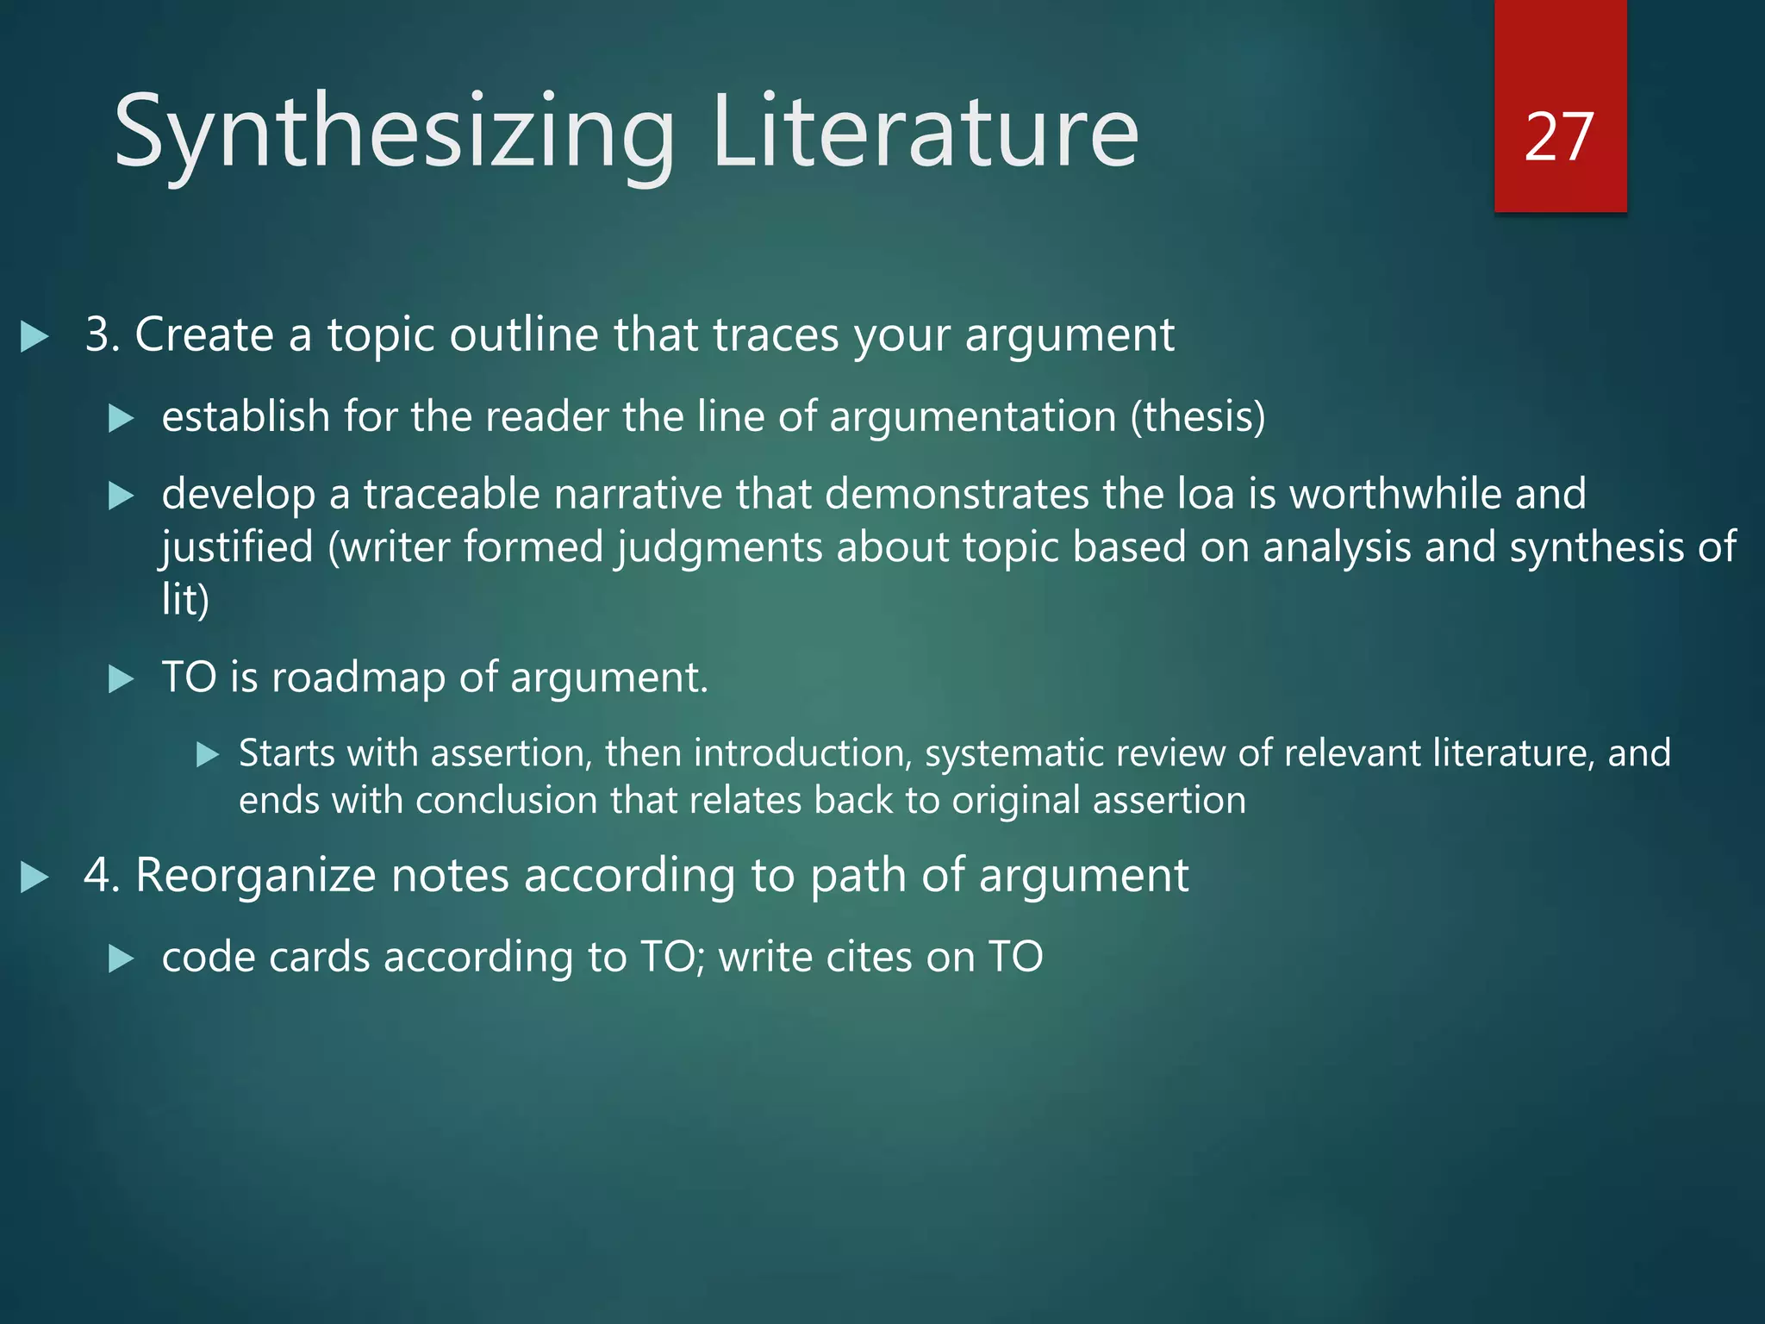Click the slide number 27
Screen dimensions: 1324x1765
coord(1558,136)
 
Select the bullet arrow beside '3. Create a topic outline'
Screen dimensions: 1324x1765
coord(34,336)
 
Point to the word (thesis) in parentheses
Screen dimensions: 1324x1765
coord(1198,417)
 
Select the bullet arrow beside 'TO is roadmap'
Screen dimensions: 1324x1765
coord(122,679)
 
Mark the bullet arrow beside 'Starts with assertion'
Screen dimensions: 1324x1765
coord(208,755)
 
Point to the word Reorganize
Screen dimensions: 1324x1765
coord(255,876)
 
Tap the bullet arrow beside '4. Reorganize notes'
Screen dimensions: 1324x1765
coord(34,877)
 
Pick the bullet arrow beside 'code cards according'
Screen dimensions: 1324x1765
coord(122,959)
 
